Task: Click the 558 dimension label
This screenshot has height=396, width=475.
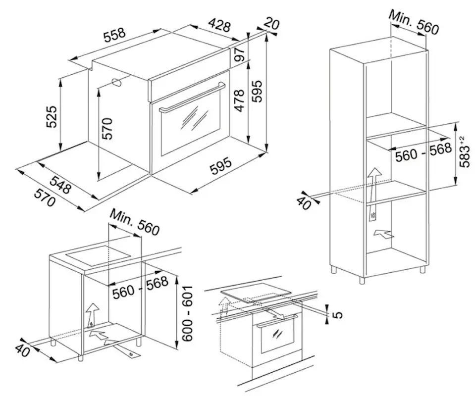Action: (114, 35)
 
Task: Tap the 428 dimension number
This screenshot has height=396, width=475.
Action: (219, 25)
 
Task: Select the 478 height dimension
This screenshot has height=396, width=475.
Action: (239, 100)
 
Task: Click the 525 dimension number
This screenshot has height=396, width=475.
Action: (51, 116)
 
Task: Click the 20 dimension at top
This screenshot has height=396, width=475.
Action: (271, 23)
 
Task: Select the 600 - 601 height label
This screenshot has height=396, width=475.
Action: (187, 313)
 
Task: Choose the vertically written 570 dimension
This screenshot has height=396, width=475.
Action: (107, 128)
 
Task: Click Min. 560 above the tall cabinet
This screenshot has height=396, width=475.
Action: (414, 22)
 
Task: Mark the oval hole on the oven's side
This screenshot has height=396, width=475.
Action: (116, 82)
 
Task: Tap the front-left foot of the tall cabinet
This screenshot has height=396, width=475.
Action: (362, 280)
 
